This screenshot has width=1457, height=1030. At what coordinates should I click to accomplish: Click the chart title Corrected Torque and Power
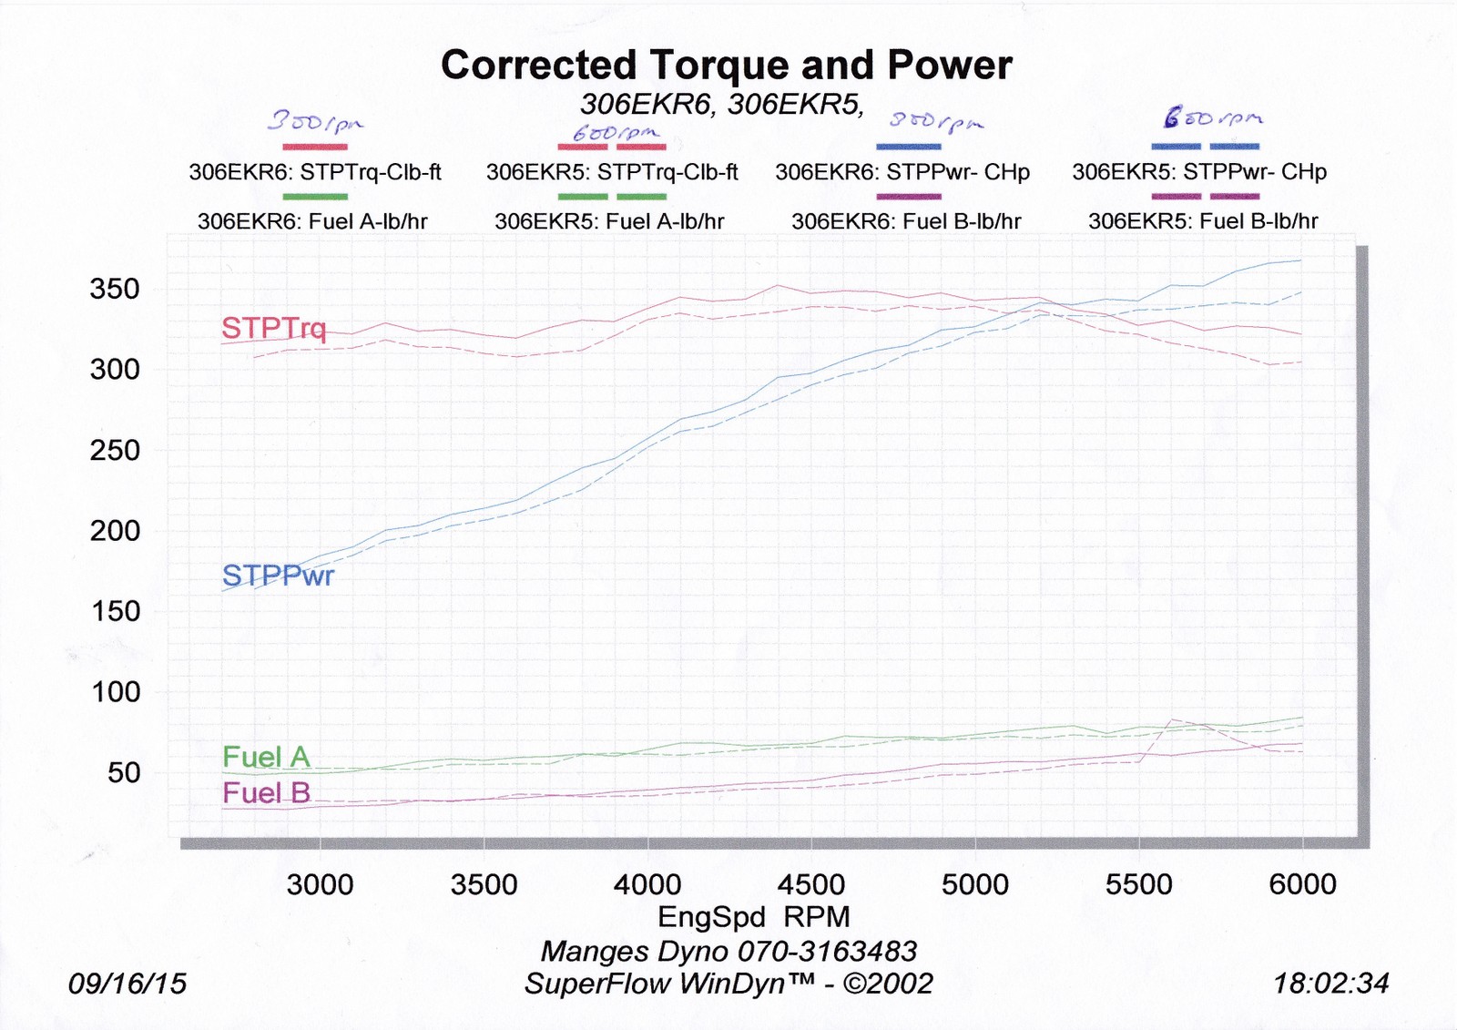(726, 66)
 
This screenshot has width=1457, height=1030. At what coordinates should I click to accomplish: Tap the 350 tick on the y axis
(115, 290)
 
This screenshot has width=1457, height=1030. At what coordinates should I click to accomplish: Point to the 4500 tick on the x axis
(810, 884)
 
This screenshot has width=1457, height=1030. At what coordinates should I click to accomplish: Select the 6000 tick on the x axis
(1302, 884)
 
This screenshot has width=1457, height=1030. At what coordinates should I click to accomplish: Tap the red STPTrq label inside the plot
(273, 328)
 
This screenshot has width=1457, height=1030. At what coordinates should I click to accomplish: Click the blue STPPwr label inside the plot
(278, 576)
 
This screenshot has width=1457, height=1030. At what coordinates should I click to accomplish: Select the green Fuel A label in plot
(266, 757)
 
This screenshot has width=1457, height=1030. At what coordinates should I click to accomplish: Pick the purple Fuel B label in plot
(266, 793)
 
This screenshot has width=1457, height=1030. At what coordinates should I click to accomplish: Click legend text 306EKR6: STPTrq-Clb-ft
(315, 172)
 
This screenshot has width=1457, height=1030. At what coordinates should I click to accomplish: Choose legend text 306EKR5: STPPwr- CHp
(1199, 172)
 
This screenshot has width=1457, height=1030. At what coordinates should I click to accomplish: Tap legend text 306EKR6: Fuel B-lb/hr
(906, 221)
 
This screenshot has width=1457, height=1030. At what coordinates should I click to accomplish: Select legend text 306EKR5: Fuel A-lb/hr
(609, 221)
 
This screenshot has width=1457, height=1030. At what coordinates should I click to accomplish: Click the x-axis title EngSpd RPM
(753, 916)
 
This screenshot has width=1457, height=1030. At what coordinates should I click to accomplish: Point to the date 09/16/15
(127, 984)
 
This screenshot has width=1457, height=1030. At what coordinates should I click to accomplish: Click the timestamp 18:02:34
(1330, 984)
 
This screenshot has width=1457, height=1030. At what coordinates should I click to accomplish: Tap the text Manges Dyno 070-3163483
(728, 952)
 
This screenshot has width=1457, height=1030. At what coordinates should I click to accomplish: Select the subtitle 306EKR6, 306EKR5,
(722, 105)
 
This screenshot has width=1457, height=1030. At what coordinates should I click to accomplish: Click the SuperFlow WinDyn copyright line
(728, 984)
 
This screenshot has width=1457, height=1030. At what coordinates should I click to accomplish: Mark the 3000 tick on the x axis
(320, 884)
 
